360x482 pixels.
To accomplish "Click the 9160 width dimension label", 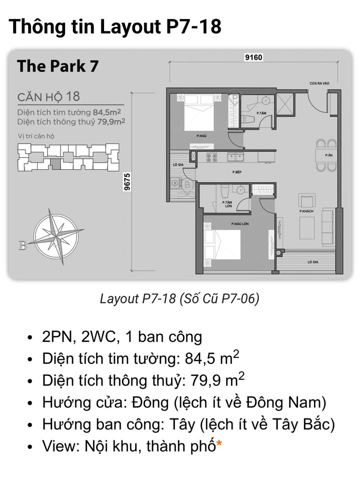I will click(253, 58).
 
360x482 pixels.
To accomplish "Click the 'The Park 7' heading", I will click(57, 67).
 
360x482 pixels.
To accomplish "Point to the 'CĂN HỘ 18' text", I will click(48, 96).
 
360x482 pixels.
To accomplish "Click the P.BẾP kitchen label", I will click(237, 172).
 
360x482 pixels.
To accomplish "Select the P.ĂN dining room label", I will click(328, 156).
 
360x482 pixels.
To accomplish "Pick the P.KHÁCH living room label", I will click(306, 212).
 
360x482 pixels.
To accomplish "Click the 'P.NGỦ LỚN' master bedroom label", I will click(240, 224).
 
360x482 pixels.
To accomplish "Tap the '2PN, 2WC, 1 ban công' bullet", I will click(122, 337).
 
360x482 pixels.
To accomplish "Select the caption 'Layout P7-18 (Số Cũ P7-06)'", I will click(179, 299).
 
